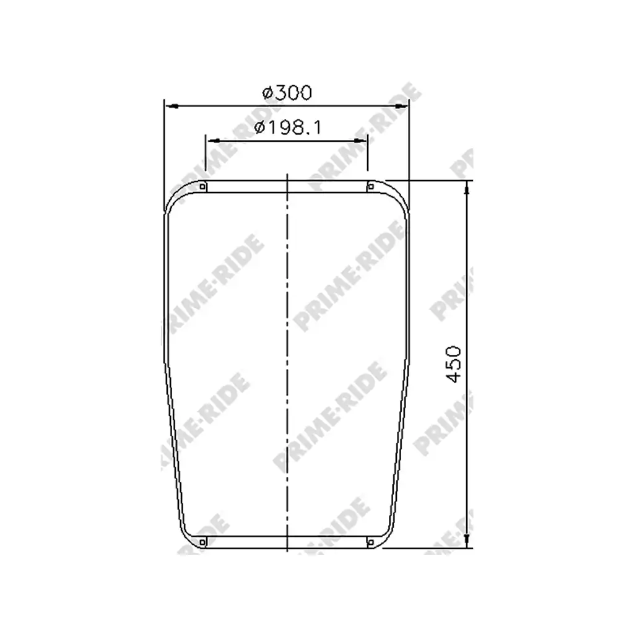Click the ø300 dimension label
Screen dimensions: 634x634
pyautogui.click(x=287, y=93)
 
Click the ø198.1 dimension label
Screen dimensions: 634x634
pyautogui.click(x=288, y=128)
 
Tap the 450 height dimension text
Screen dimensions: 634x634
pyautogui.click(x=454, y=364)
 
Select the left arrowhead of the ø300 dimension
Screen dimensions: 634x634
pyautogui.click(x=172, y=106)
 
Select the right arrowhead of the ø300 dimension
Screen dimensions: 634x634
pyautogui.click(x=401, y=106)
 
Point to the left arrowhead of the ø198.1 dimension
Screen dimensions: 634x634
pyautogui.click(x=213, y=141)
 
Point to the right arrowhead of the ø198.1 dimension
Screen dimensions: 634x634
pyautogui.click(x=360, y=141)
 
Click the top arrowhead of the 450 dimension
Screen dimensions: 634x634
pyautogui.click(x=467, y=188)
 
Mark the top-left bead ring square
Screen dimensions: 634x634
pyautogui.click(x=203, y=186)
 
